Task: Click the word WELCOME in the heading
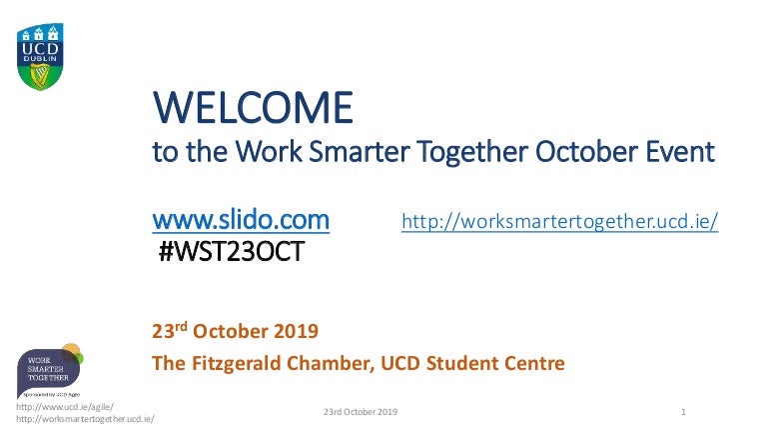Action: (252, 107)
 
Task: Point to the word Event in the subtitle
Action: (682, 152)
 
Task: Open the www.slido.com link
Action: (240, 219)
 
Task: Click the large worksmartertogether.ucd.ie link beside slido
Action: (559, 221)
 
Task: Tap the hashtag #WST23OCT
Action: (233, 252)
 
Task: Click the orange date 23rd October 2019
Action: (234, 331)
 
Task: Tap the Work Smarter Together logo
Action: (50, 372)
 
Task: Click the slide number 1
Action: (682, 412)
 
